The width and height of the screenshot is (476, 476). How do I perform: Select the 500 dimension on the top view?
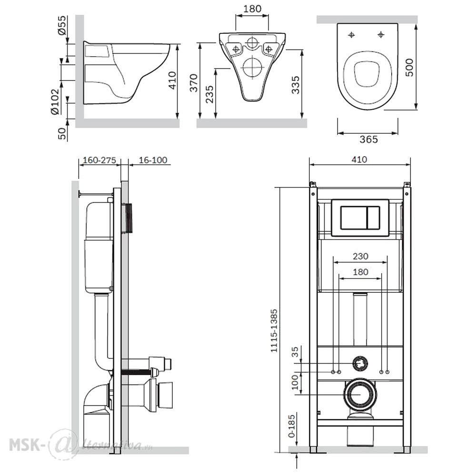(409, 68)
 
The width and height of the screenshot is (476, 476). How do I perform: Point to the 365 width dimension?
(368, 139)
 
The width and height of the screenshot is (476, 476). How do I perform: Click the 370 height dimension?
(194, 82)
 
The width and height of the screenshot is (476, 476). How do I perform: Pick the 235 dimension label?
(209, 94)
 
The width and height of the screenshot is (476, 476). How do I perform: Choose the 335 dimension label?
(295, 85)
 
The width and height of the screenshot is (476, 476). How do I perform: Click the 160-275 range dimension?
(99, 160)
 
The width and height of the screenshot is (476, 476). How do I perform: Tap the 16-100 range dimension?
(153, 160)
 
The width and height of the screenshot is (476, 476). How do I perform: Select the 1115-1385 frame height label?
(274, 331)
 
